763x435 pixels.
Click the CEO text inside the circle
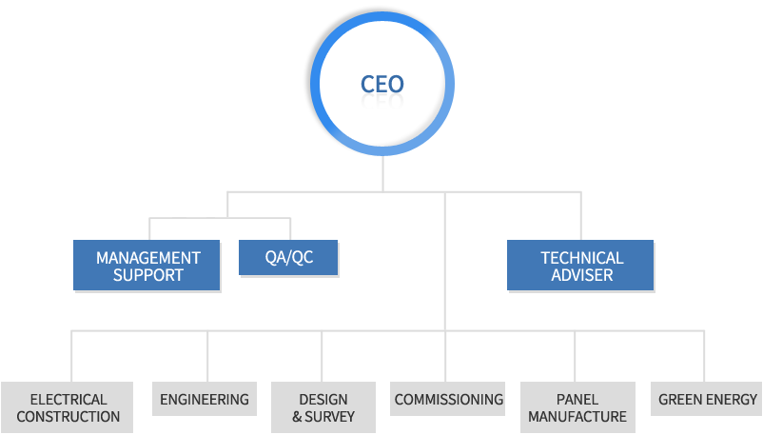coord(381,84)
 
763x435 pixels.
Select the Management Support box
coord(147,266)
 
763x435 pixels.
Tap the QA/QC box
coord(288,257)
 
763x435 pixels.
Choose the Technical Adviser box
coord(580,266)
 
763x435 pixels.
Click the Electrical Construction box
coord(68,407)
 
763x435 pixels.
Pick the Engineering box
coord(205,400)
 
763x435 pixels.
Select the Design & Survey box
coord(323,407)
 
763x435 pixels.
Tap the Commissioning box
coord(448,400)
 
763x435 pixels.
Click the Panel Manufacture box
coord(577,407)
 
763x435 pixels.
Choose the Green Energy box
coord(708,400)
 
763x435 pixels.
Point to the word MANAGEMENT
coord(148,258)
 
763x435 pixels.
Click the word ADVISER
coord(582,275)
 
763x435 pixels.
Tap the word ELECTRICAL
coord(68,400)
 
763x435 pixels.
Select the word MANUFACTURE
coord(577,416)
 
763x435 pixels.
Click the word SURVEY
coord(330,416)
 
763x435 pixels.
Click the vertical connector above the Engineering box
coord(206,356)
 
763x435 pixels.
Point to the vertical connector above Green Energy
coord(704,356)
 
